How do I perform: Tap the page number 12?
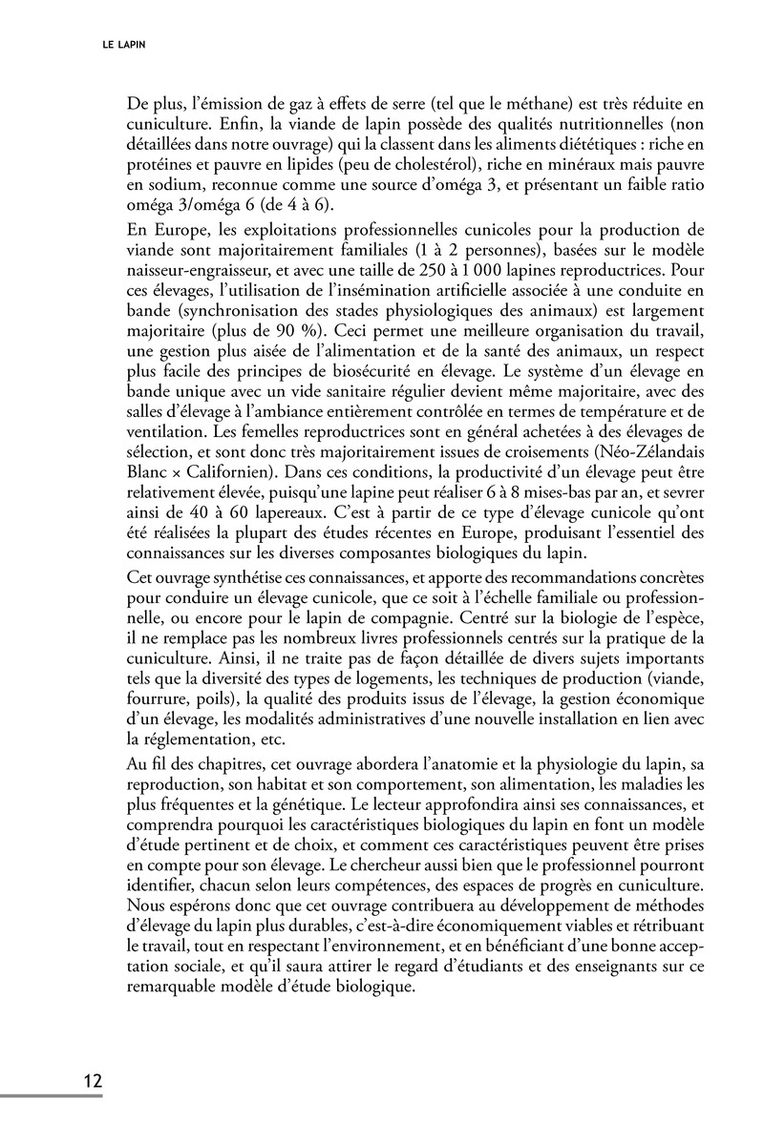click(x=93, y=1081)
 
